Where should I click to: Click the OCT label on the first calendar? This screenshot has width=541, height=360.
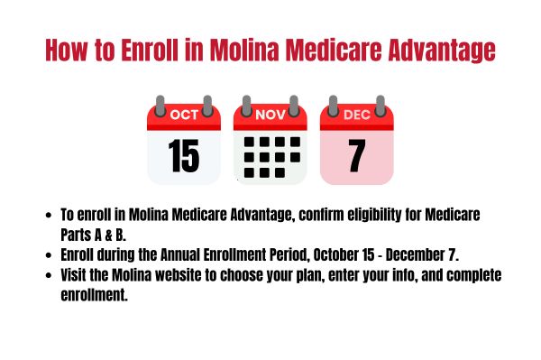184,115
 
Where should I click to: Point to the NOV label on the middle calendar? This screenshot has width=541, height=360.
270,115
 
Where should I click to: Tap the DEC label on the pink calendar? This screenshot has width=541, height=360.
356,115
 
